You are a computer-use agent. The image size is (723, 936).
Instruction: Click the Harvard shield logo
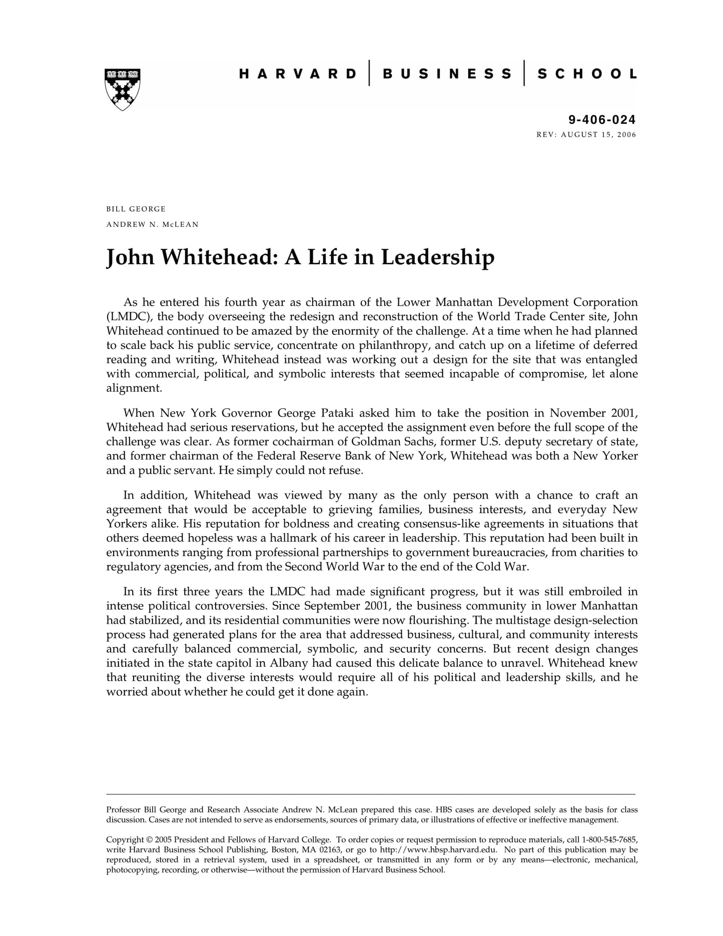click(122, 89)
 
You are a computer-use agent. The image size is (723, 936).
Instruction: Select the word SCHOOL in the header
click(587, 74)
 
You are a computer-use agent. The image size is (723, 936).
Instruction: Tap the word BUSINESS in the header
click(447, 74)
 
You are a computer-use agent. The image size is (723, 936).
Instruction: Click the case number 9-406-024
click(602, 120)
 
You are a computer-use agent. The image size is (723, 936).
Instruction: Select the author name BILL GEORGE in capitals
click(136, 209)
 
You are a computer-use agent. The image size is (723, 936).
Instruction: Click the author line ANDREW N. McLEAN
click(152, 224)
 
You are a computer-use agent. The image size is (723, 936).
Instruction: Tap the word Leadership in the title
click(438, 257)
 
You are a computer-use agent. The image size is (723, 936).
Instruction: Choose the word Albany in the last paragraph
click(289, 663)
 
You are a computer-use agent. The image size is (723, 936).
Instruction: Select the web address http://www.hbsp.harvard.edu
click(438, 849)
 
